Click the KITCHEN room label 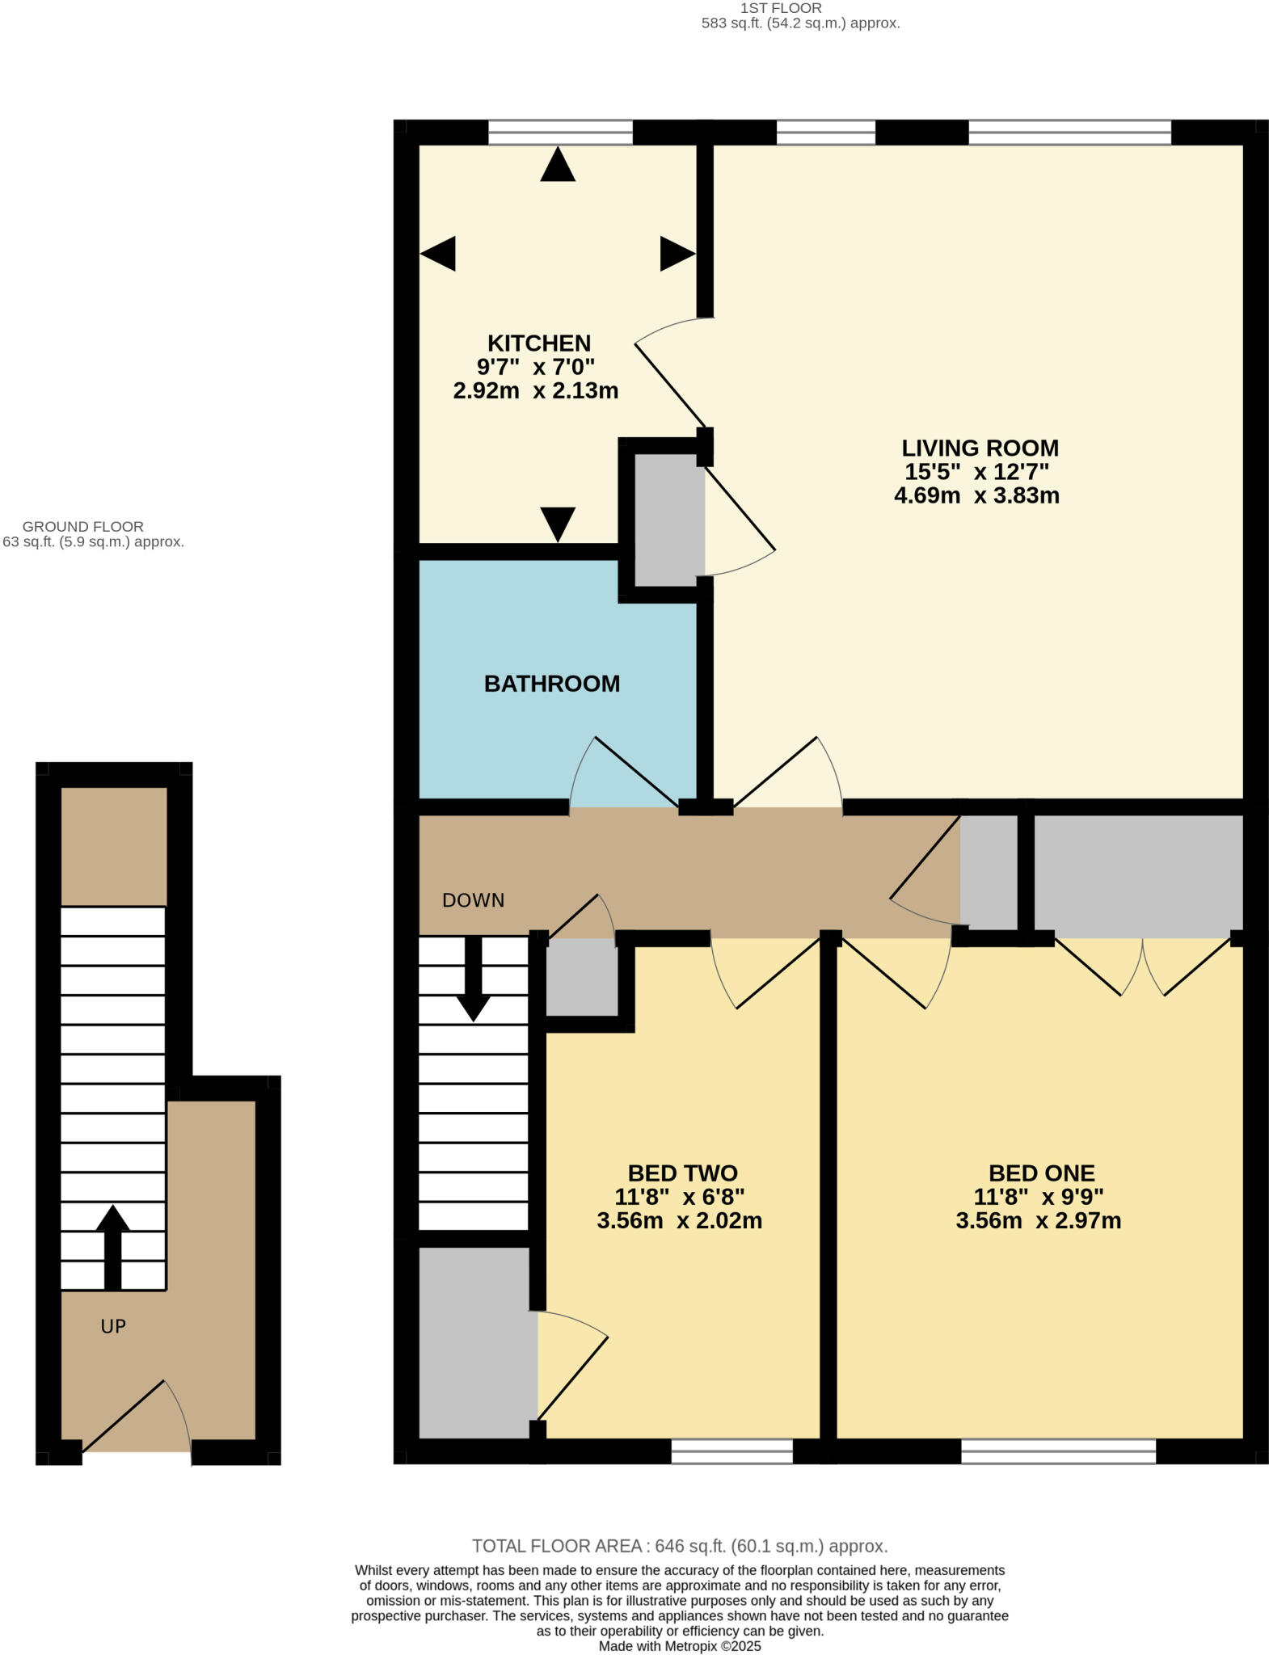(x=538, y=343)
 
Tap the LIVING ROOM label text (x=980, y=448)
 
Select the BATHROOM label (x=552, y=684)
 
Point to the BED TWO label (x=682, y=1173)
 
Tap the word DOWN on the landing (x=473, y=900)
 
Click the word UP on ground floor (x=113, y=1326)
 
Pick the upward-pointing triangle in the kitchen (x=558, y=165)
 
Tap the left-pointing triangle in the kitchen (x=438, y=254)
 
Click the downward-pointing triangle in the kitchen (x=558, y=523)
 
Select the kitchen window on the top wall (x=560, y=132)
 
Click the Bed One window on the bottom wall (x=1058, y=1451)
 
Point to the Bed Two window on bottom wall (x=731, y=1451)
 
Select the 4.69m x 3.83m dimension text (x=976, y=495)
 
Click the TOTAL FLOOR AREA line (x=680, y=1546)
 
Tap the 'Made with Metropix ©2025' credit (x=680, y=1646)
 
